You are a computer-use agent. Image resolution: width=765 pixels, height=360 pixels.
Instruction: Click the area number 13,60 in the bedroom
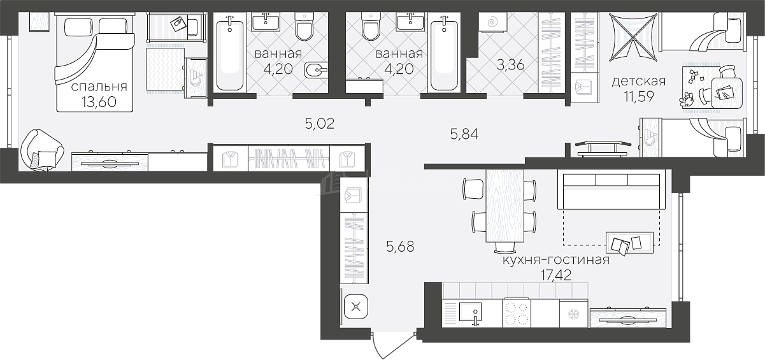(99, 102)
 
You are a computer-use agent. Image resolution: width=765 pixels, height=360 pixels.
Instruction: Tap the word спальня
(99, 87)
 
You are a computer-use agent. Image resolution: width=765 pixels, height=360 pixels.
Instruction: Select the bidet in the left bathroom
(315, 70)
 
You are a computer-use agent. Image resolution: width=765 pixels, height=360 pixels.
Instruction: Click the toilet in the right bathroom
(371, 26)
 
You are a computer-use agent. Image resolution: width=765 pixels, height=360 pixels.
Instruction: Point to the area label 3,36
(510, 64)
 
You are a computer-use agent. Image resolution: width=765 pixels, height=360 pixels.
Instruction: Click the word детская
(639, 82)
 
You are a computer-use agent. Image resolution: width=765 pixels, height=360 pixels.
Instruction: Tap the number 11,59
(639, 97)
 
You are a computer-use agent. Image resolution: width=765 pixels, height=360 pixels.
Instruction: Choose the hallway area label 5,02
(320, 124)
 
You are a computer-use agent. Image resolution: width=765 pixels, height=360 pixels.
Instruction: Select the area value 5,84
(464, 134)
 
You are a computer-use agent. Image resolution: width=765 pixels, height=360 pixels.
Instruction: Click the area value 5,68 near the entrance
(400, 246)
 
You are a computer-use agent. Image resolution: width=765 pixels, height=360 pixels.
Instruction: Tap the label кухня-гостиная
(556, 260)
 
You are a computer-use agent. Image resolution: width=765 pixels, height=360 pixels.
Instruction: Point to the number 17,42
(556, 275)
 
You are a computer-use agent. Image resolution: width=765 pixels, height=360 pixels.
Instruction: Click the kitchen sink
(470, 313)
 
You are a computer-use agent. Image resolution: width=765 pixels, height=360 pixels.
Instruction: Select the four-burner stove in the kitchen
(517, 313)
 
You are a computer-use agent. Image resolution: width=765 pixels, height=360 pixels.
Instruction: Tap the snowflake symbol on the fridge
(573, 314)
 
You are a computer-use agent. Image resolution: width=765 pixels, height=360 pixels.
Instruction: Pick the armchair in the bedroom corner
(41, 150)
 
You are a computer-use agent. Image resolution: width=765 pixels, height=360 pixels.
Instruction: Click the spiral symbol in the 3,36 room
(492, 22)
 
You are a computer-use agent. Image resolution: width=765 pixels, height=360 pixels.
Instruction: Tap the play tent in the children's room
(633, 38)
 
